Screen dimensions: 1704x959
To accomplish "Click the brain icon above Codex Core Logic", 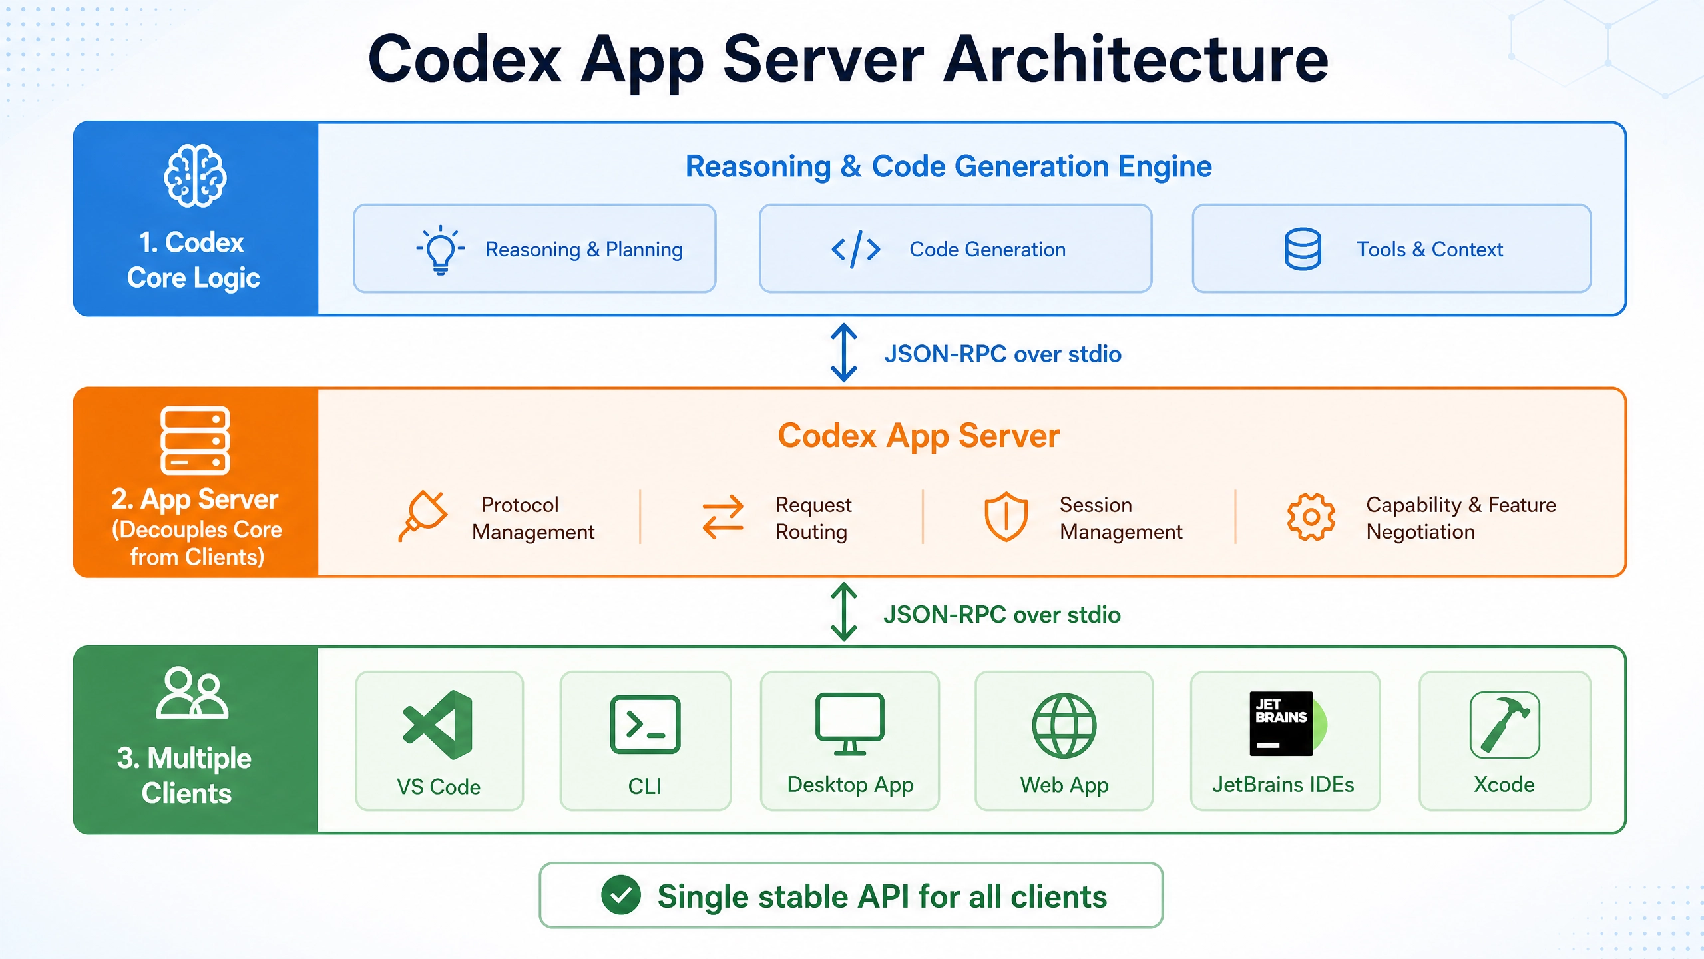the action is point(195,175).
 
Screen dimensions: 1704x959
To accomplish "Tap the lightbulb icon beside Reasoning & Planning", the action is point(440,250).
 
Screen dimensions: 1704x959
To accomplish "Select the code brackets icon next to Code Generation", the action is point(856,250).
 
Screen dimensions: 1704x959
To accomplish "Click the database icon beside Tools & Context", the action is point(1303,249).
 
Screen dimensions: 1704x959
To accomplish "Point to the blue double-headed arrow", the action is point(844,352).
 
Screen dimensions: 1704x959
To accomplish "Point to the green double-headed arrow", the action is point(844,612).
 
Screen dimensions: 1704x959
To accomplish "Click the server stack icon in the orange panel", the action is point(195,440).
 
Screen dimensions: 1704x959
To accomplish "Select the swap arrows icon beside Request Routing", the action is point(723,517).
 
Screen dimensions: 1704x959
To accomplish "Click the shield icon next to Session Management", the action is point(1006,517).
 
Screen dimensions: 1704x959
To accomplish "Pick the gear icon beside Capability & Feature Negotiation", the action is point(1311,517).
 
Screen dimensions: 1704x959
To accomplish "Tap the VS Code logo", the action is point(438,725).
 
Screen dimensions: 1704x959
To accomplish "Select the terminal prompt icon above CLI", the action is point(645,725).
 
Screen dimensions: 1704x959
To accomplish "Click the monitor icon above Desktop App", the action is point(850,724).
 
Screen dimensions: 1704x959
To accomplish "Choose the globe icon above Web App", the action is point(1064,725).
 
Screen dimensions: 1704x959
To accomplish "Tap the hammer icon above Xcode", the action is point(1504,725).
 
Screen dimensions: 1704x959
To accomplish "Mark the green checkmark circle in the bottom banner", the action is point(621,895).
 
